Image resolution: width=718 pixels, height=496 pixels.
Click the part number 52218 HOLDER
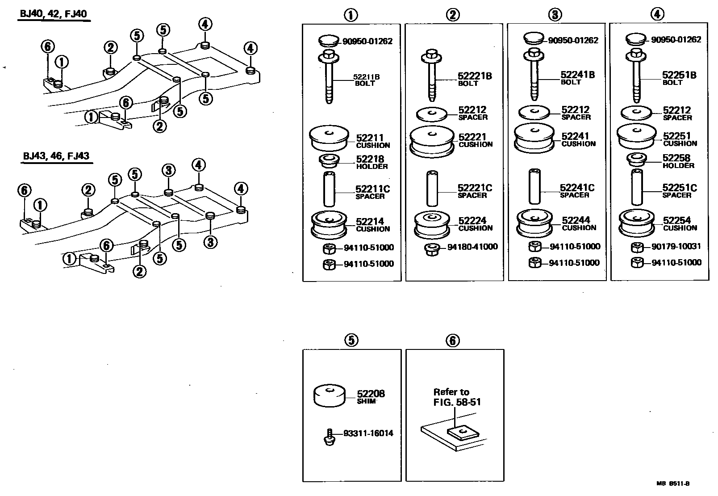point(372,162)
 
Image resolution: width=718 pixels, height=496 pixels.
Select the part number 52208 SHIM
point(371,396)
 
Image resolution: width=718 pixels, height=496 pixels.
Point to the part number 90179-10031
point(676,246)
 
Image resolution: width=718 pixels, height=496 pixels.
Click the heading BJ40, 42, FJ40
point(54,13)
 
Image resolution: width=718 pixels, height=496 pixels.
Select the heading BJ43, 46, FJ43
point(56,156)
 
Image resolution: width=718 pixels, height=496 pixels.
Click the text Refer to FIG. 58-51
point(457,397)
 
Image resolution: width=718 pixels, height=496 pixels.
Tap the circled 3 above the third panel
point(555,14)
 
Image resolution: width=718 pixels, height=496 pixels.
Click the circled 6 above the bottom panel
point(452,340)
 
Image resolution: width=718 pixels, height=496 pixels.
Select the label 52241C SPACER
point(577,191)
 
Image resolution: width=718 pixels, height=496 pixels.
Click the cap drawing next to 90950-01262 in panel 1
point(329,41)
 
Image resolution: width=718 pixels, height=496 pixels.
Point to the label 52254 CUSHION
point(679,223)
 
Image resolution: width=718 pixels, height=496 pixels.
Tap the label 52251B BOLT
point(679,78)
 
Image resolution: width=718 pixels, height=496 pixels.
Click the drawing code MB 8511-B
point(673,483)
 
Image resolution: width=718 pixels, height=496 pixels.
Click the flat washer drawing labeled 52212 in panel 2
point(431,114)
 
